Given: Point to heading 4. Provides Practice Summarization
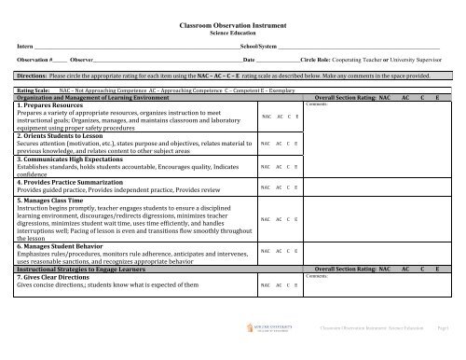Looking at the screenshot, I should pyautogui.click(x=77, y=181).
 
